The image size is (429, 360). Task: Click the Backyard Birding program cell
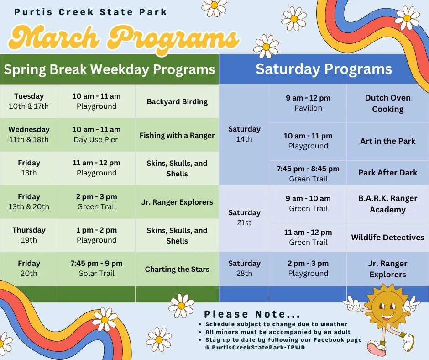point(177,101)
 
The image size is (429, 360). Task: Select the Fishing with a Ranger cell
point(177,135)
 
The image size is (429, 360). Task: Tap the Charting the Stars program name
point(177,269)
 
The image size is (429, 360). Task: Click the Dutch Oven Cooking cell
point(387,103)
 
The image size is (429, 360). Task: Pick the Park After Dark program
point(387,172)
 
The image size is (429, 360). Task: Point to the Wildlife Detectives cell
point(387,237)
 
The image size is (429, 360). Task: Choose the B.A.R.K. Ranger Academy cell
point(387,204)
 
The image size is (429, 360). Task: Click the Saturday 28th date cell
point(244,268)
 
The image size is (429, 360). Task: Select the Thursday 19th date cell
point(29,235)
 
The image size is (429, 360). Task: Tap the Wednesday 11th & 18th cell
point(29,134)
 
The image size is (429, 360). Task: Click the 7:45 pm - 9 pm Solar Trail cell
point(96,268)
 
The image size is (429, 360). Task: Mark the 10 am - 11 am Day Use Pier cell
point(96,134)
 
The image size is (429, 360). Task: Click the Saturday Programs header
point(324,69)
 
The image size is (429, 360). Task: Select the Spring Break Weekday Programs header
point(109,69)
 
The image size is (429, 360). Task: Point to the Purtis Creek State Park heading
point(90,12)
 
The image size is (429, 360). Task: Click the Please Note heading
point(252,314)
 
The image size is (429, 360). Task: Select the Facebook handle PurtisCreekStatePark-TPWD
point(255,347)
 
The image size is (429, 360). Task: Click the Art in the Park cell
point(387,141)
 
